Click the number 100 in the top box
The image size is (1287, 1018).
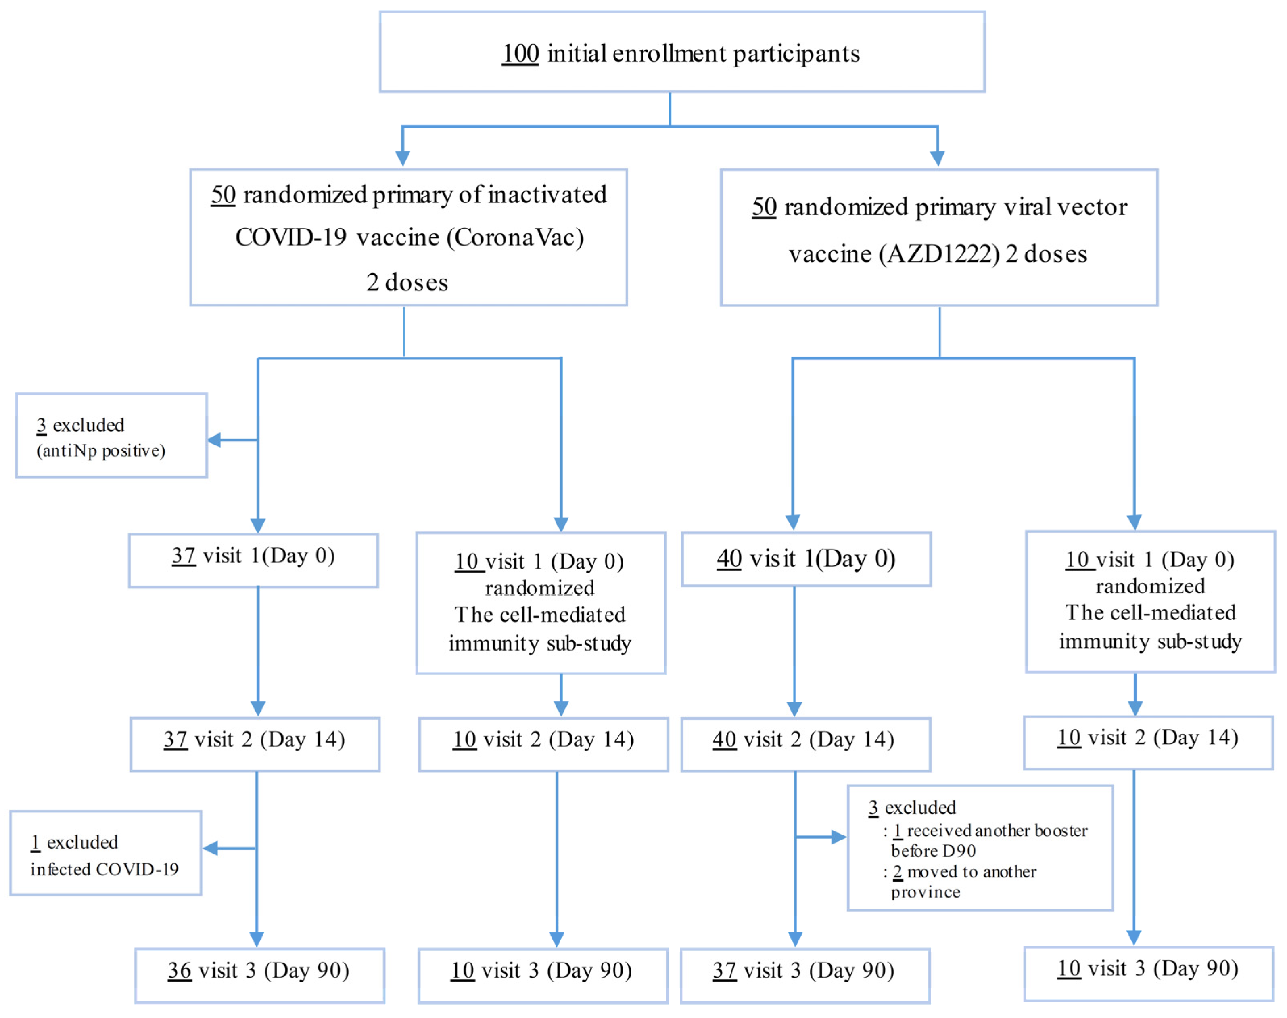point(520,54)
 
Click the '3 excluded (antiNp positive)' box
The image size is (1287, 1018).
point(111,436)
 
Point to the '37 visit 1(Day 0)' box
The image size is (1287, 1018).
point(253,560)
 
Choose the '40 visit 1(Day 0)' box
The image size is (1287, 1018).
point(806,559)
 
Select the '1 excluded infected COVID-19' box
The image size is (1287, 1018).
point(105,854)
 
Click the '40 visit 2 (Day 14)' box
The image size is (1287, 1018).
point(805,745)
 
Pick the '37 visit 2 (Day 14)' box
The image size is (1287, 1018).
point(255,745)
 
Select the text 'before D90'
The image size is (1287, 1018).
point(933,851)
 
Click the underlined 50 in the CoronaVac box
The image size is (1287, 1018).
point(224,195)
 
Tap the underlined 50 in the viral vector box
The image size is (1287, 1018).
point(764,208)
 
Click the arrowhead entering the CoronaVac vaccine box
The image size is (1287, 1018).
point(403,159)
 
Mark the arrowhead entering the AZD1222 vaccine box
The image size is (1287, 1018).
point(937,159)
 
